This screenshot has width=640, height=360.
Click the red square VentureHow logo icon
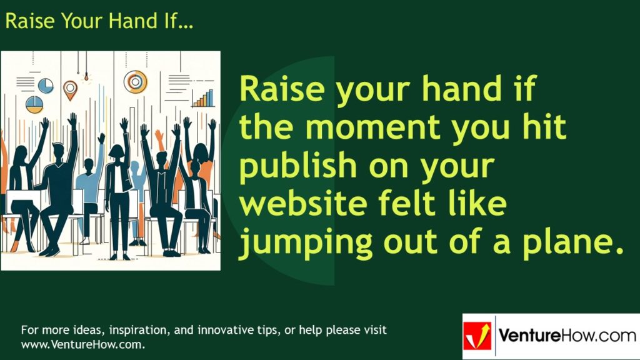tap(477, 336)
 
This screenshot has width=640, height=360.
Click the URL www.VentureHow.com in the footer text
tap(82, 344)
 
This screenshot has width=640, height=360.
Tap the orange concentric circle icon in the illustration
tap(135, 81)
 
